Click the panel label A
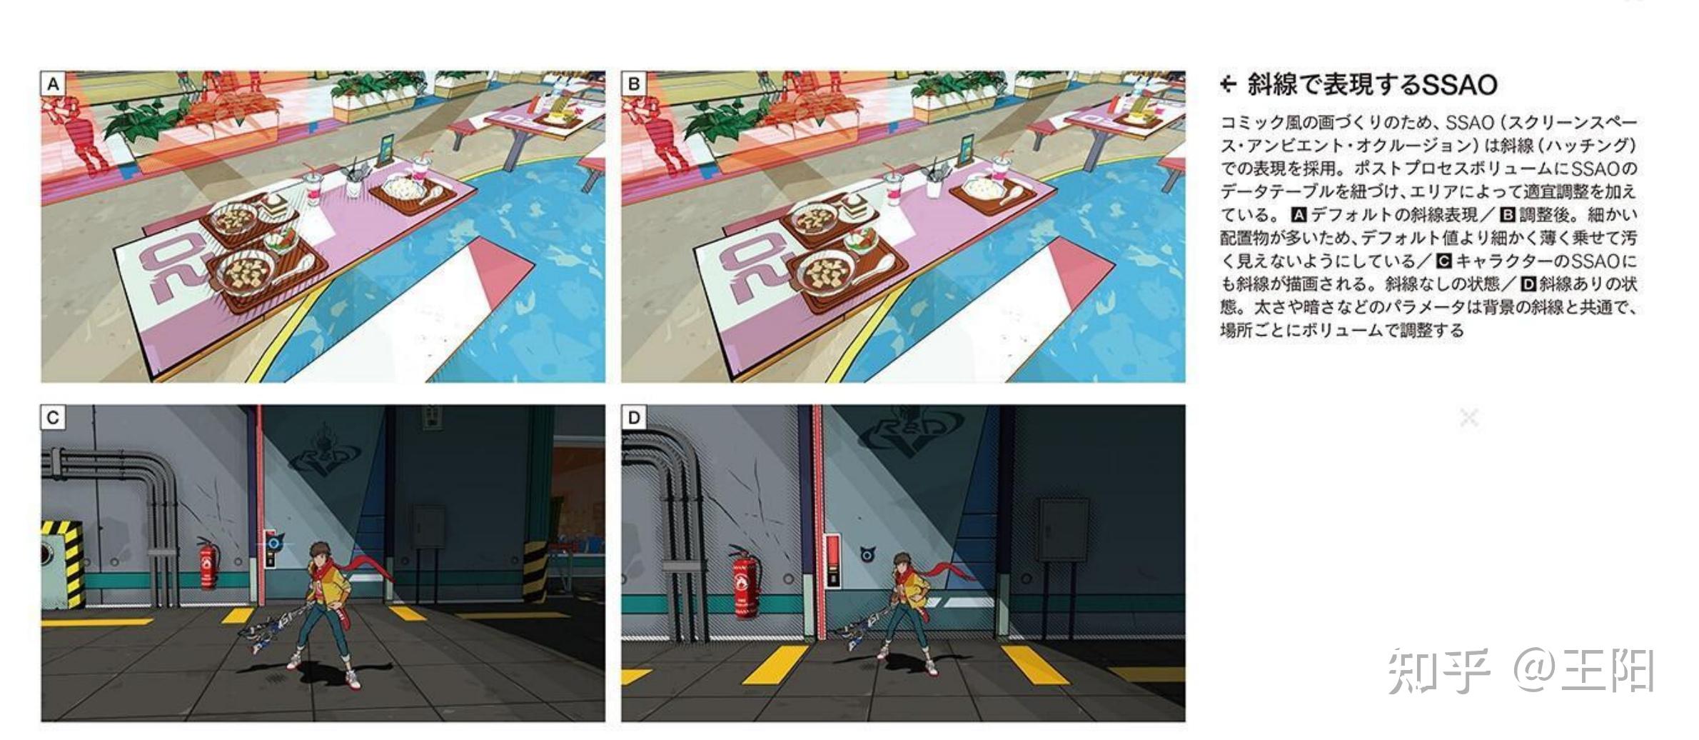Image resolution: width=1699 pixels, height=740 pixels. coord(53,84)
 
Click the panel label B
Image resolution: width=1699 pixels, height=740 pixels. coord(633,84)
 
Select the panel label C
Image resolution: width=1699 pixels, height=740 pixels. coord(53,418)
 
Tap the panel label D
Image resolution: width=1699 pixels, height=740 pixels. coord(633,418)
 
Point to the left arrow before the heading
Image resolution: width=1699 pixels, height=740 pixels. coord(1228,85)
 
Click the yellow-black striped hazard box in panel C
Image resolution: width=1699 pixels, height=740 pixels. coord(61,564)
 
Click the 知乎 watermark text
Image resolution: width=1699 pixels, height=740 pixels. coord(1439,671)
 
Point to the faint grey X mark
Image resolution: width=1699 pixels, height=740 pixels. coord(1469,417)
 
